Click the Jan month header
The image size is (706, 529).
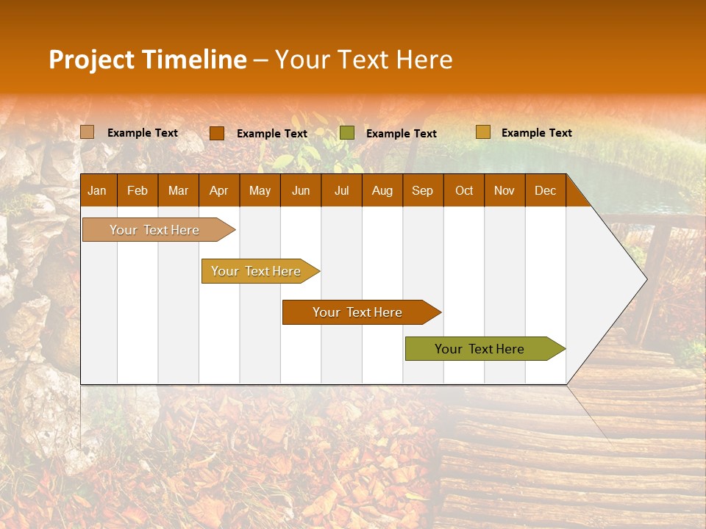pyautogui.click(x=97, y=190)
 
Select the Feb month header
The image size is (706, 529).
pyautogui.click(x=138, y=190)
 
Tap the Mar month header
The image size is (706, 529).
pyautogui.click(x=178, y=190)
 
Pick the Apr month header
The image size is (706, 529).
pyautogui.click(x=219, y=190)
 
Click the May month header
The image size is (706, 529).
pyautogui.click(x=260, y=190)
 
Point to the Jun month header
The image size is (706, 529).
pyautogui.click(x=301, y=190)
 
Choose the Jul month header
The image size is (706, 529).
pyautogui.click(x=341, y=190)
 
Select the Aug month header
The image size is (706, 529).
pyautogui.click(x=382, y=190)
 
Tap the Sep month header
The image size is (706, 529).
pyautogui.click(x=423, y=190)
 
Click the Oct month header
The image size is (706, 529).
pyautogui.click(x=464, y=190)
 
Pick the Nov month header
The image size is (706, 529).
pyautogui.click(x=504, y=190)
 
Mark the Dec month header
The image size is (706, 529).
pyautogui.click(x=546, y=190)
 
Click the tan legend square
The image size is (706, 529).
pyautogui.click(x=88, y=132)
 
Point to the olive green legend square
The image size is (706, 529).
pyautogui.click(x=347, y=132)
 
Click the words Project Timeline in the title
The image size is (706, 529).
pyautogui.click(x=148, y=60)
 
